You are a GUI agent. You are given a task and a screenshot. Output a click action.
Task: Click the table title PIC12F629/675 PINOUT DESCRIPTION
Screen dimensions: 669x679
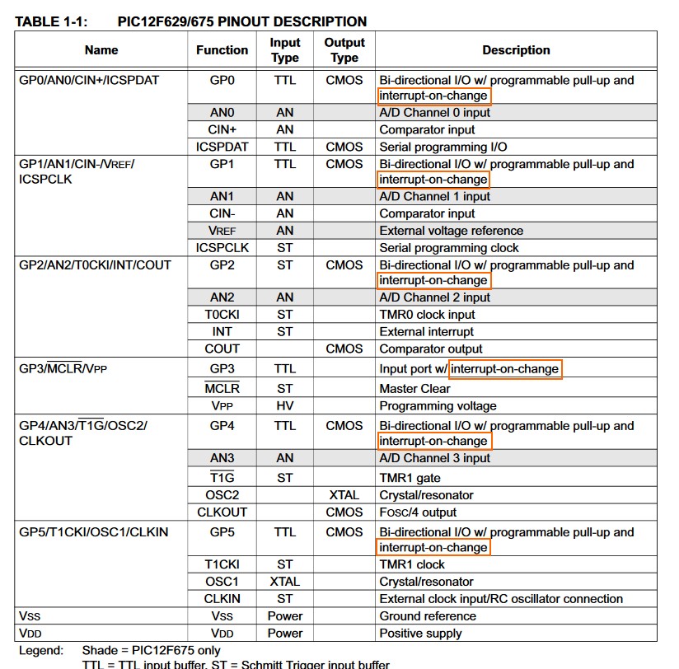(x=236, y=21)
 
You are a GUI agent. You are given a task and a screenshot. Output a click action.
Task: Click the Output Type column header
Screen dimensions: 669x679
(x=344, y=50)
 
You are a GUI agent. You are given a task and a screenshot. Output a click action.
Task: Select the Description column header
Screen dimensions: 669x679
(x=516, y=50)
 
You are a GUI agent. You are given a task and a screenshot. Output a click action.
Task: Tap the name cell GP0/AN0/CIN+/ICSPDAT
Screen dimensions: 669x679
(x=89, y=81)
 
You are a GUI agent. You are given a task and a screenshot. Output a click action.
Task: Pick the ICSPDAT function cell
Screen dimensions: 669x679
(x=222, y=147)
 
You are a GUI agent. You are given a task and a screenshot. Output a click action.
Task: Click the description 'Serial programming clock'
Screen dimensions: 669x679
(x=449, y=248)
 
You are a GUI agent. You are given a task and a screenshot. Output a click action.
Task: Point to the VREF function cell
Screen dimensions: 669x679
(x=222, y=231)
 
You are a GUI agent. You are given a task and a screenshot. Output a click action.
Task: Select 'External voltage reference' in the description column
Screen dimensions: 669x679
(x=451, y=231)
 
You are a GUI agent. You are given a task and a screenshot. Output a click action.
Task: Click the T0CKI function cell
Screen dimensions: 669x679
(x=222, y=315)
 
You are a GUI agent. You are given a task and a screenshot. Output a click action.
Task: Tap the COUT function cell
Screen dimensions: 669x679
(x=222, y=349)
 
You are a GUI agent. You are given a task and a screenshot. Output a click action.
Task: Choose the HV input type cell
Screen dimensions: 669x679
(x=285, y=405)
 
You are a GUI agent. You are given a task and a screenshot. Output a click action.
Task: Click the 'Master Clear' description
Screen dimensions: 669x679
(x=414, y=389)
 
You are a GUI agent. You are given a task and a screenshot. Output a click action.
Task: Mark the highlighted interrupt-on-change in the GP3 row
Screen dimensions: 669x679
(x=505, y=369)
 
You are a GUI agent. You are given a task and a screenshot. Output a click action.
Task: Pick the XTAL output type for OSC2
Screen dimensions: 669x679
(x=344, y=495)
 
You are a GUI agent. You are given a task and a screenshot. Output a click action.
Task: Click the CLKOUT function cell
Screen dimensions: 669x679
(x=222, y=512)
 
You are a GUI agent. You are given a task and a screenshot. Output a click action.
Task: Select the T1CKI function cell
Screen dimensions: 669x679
(x=222, y=564)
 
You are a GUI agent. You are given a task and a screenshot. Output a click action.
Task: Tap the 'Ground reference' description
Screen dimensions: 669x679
(x=428, y=616)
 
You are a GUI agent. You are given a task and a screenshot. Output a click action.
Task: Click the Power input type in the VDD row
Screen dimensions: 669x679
(x=285, y=634)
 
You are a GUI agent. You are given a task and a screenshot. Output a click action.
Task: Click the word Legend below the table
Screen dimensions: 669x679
(x=40, y=651)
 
